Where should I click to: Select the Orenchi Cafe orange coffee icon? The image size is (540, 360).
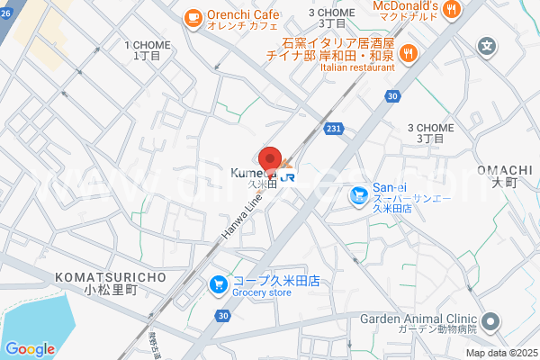click(193, 16)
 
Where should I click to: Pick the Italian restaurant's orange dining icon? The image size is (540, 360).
click(408, 52)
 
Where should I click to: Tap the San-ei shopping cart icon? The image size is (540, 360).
click(358, 193)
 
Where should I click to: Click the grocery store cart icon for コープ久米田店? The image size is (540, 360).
click(218, 285)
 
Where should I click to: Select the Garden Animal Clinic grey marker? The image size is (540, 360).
click(490, 321)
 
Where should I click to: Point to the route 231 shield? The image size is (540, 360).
click(333, 130)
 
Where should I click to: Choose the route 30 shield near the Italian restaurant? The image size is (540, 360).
click(391, 94)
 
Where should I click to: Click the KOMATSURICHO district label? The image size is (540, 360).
click(110, 277)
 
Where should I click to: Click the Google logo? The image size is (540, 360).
click(30, 348)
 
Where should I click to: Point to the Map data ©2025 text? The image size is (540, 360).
click(501, 353)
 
